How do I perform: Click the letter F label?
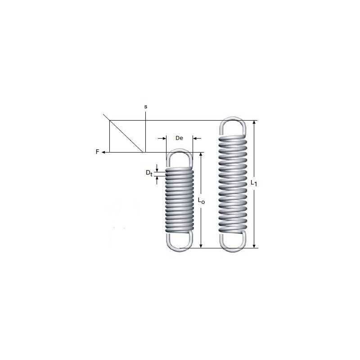pos(97,152)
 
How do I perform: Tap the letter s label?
pos(145,107)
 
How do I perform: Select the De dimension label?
pos(179,138)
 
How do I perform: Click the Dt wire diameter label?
pos(149,173)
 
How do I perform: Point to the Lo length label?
pos(201,201)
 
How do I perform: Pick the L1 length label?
pos(254,183)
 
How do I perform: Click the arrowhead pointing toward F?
pos(103,152)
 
